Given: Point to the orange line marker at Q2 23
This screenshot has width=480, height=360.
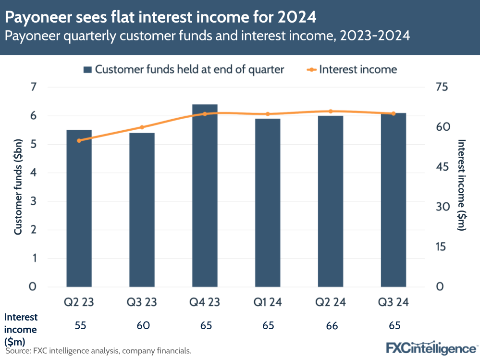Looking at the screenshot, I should [80, 140].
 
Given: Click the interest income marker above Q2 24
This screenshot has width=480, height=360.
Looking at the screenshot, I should [331, 112].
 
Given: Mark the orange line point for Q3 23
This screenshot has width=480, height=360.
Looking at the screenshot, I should [142, 127].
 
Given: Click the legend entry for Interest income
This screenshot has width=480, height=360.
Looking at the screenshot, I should [352, 69].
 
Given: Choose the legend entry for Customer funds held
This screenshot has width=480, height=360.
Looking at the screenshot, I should [184, 69].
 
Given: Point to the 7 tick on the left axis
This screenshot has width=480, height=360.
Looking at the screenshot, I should [33, 87].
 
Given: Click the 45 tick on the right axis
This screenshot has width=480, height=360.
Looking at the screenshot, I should [442, 167].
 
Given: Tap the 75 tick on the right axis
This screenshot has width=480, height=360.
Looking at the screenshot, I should [442, 87].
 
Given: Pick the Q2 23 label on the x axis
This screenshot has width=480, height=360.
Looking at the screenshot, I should [80, 303].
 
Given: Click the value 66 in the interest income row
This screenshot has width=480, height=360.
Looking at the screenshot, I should [331, 325].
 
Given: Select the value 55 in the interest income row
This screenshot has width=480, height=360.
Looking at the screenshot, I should [80, 325].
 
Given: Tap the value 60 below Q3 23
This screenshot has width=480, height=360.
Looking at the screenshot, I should [142, 325].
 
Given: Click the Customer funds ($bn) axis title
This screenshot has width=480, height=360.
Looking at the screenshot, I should [18, 187].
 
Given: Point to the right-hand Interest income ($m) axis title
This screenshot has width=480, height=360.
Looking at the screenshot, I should [462, 185].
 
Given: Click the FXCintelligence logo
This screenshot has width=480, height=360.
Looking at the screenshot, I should [431, 347].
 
